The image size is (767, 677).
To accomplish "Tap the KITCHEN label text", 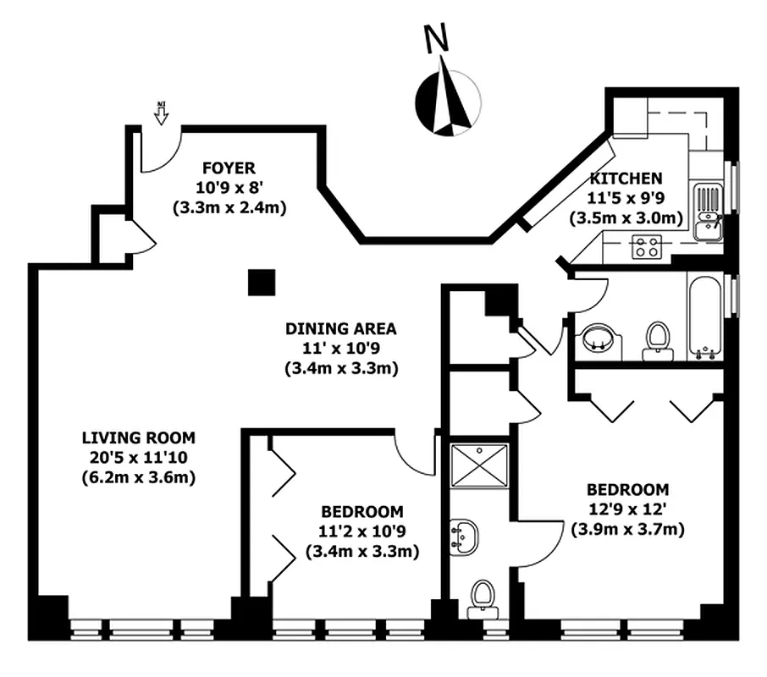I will coord(626,179).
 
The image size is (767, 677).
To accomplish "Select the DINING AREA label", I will coord(340,329).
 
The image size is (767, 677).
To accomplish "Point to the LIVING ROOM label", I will coord(138,438).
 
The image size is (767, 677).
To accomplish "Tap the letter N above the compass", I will coord(436,39).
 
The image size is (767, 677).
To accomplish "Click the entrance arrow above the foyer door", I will coord(161,113).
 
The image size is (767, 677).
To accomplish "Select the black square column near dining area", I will coord(262,283).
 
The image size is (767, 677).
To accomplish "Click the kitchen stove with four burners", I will coord(648,247).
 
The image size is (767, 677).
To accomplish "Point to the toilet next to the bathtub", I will coord(656,341).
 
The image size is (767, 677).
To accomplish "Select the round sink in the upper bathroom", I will coord(600,340).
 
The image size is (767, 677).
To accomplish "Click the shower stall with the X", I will coord(479,465).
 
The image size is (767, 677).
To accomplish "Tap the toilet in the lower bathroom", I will coord(482,596).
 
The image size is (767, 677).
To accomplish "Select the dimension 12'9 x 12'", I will coord(627,510).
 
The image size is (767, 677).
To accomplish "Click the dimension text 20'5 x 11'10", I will coord(138,458).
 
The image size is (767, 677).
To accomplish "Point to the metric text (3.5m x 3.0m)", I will coord(626,217).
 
